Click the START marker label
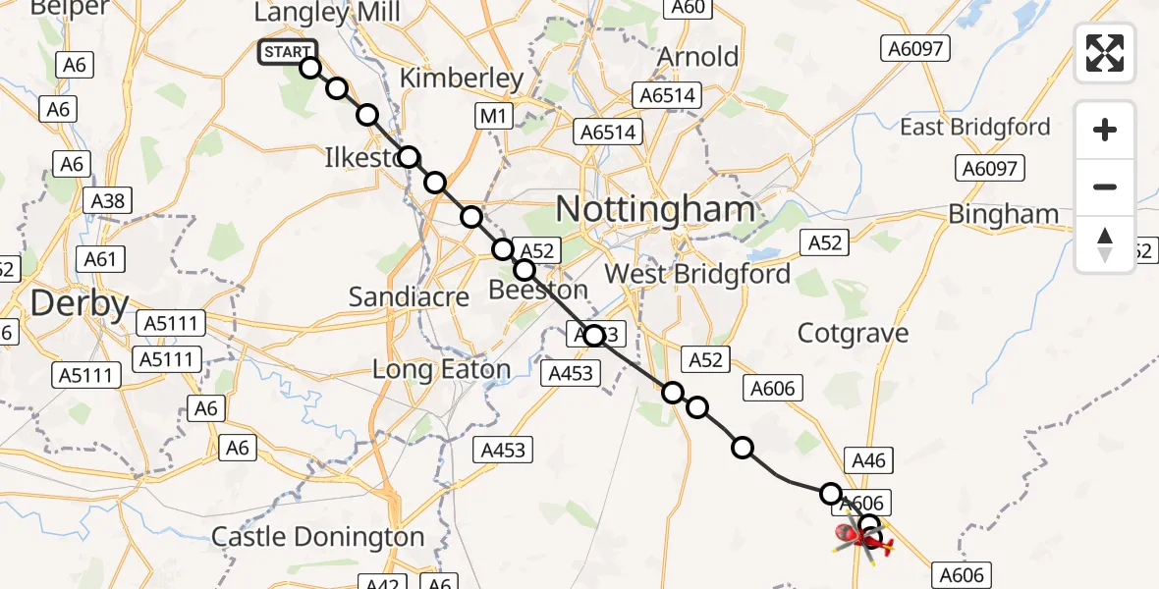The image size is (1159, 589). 288,52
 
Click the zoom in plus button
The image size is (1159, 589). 1105,131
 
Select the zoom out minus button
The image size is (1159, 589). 1105,187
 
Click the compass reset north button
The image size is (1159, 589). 1105,243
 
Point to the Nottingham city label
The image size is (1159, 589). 655,209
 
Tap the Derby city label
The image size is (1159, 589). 80,304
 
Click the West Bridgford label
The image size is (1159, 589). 697,273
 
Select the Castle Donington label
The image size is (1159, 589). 318,537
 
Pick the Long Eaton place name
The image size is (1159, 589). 441,370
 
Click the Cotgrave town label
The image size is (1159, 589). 853,333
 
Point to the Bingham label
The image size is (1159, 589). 1003,214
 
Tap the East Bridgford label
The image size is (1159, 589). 974,127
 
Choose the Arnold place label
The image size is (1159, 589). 697,56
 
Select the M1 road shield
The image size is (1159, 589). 492,117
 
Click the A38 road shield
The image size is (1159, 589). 108,201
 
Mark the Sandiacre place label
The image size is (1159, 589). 409,297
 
